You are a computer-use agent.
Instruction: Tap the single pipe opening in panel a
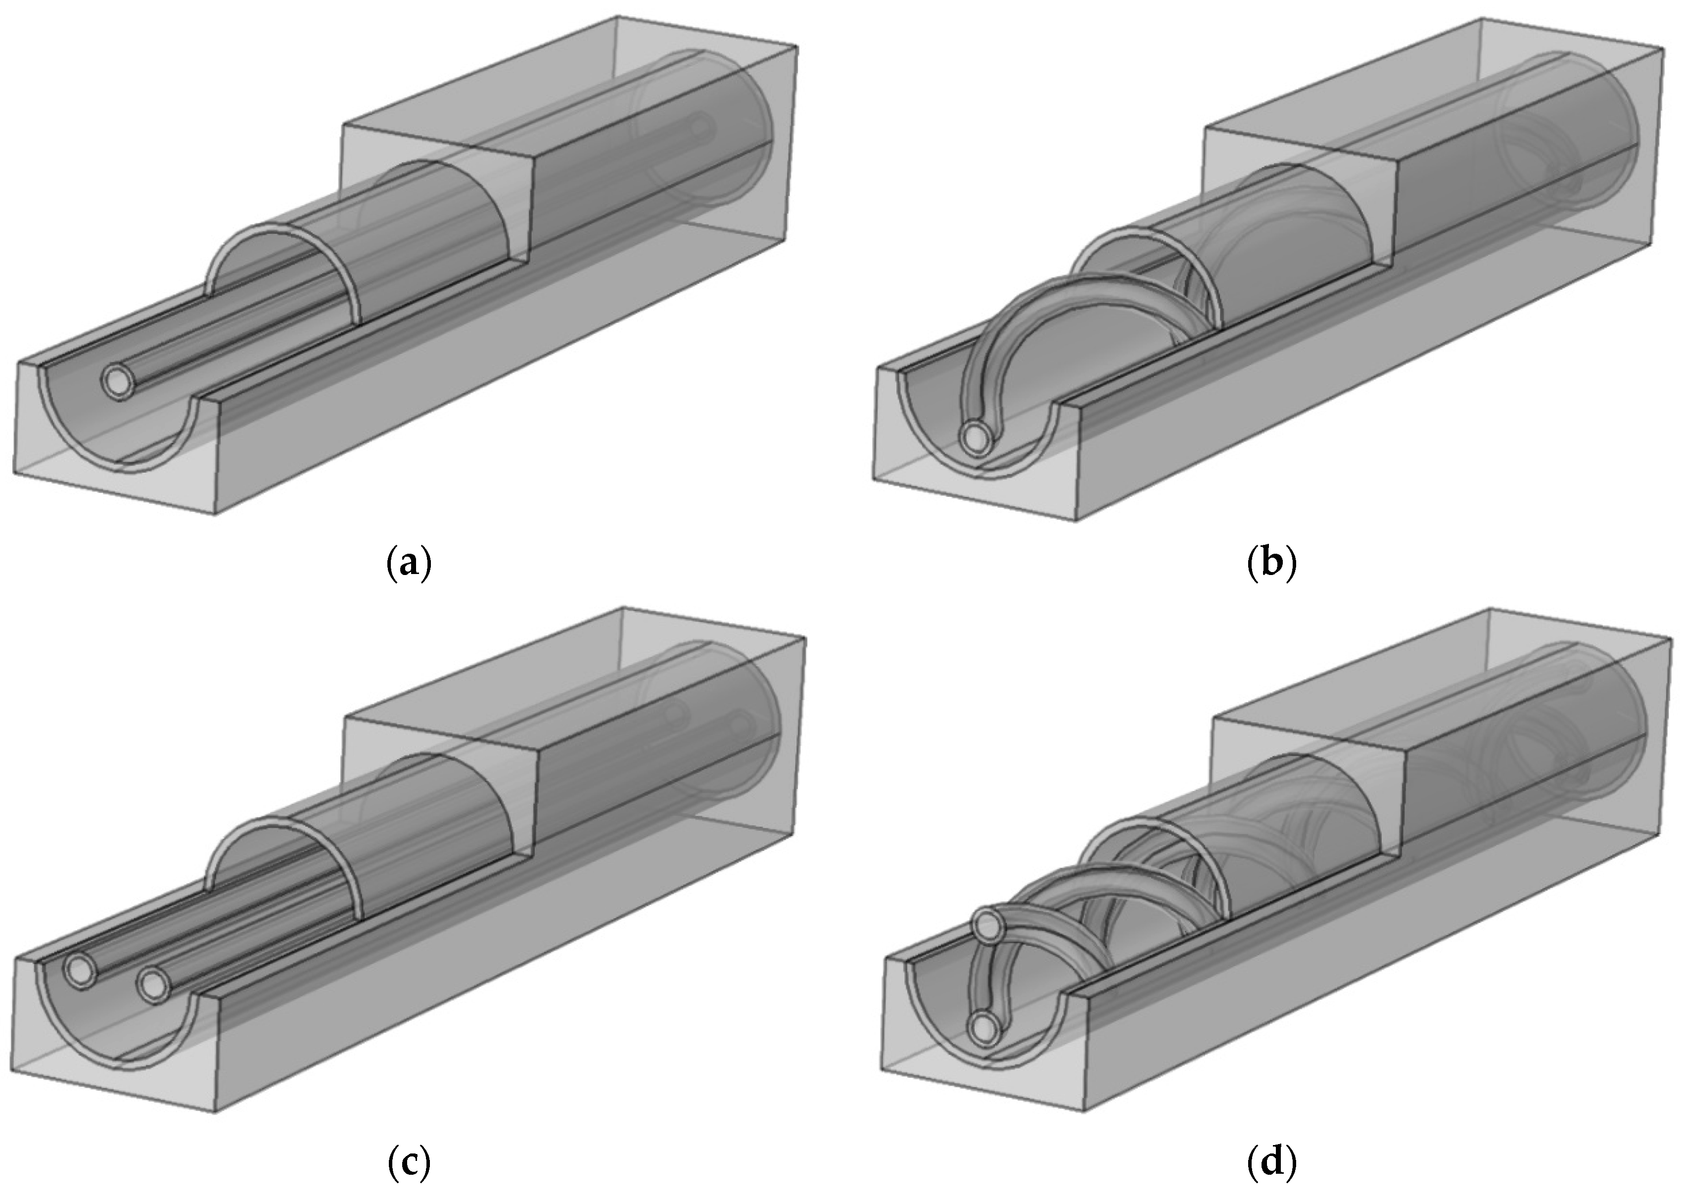pos(118,382)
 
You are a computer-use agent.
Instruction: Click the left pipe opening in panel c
pos(80,972)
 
